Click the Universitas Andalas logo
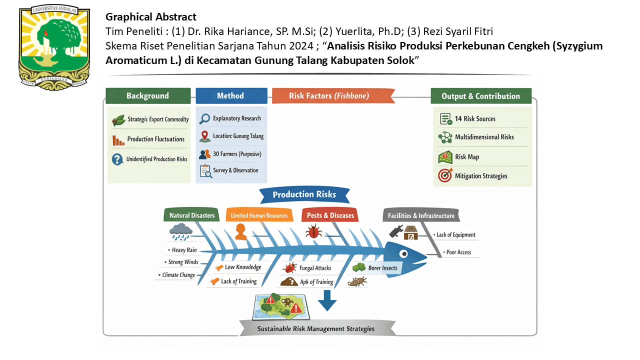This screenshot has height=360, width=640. coord(54,48)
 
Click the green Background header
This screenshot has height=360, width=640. coord(148,95)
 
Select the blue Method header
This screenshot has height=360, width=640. coord(231,95)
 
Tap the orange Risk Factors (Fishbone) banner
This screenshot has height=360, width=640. coord(333,95)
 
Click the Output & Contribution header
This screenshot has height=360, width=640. coord(481,96)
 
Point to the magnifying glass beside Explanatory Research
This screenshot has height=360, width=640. coord(204,118)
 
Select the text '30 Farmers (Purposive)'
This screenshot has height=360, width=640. coord(237,154)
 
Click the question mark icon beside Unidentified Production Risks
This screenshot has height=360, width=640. coord(117,159)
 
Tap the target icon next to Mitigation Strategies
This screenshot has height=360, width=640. coord(445,175)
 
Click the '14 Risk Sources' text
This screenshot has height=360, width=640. coord(475,119)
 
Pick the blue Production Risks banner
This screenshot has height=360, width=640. coord(304,195)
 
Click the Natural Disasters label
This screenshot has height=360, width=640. coord(191,215)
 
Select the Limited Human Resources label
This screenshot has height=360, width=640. coord(259,215)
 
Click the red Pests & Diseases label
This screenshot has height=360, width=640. coord(330,215)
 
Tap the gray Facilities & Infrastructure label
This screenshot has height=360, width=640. coord(421,215)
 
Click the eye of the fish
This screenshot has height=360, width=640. coord(403,253)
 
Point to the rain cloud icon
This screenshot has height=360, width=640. coord(180,231)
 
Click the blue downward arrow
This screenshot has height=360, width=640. coord(327,300)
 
